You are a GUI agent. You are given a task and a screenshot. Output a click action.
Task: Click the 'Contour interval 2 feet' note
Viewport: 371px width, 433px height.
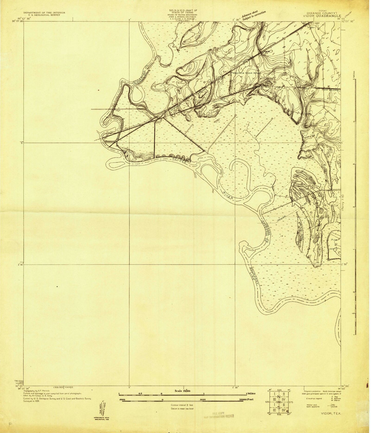click(182, 405)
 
